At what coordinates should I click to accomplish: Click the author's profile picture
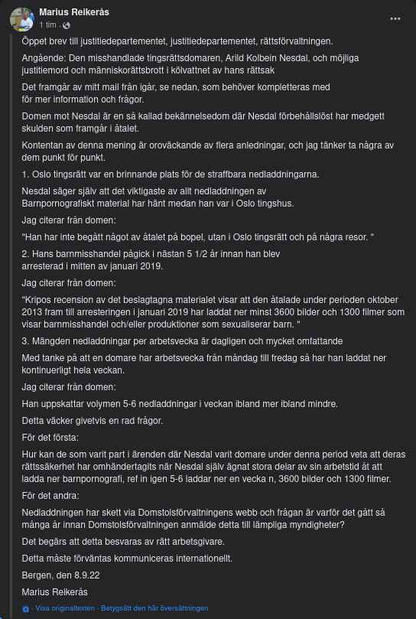coord(21,18)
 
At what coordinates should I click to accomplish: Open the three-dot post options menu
coord(395,18)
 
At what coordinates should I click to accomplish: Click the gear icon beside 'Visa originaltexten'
coord(25,608)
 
